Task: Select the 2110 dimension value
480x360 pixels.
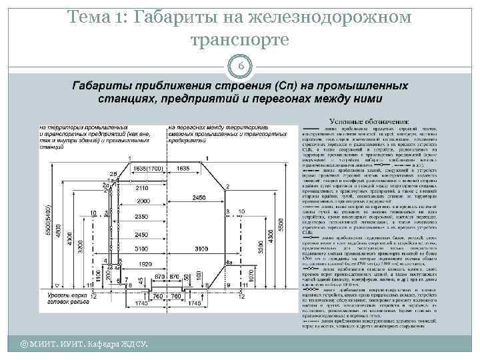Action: [x=142, y=189]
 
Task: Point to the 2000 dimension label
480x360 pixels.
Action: [x=142, y=201]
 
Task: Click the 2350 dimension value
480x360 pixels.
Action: [x=142, y=217]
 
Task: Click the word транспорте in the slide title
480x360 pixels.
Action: [x=239, y=40]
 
